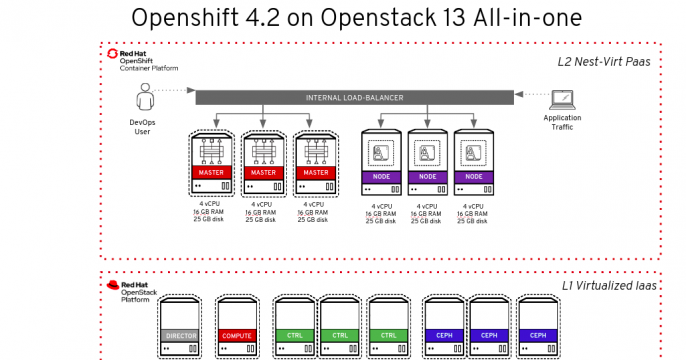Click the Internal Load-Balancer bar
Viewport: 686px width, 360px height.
[356, 97]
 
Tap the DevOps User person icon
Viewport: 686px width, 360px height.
[145, 98]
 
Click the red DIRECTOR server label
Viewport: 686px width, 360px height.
[181, 335]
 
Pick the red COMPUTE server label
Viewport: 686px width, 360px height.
[237, 335]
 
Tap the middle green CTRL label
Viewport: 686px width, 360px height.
[340, 335]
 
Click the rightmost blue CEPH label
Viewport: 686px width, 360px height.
[537, 335]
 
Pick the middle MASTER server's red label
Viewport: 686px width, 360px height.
[263, 172]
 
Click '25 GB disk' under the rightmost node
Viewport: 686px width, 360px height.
[474, 220]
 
